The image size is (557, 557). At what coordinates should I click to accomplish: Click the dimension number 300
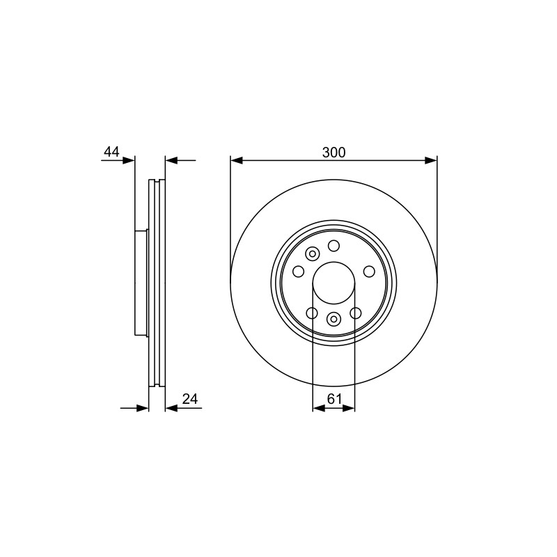point(334,152)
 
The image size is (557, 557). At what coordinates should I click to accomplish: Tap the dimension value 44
point(111,152)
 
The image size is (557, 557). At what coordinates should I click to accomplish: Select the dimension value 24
point(189,399)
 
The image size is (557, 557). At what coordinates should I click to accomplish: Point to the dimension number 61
point(334,399)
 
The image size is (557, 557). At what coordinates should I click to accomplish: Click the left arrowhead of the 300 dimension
point(237,161)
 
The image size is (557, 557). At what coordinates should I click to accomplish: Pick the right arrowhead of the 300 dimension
point(431,161)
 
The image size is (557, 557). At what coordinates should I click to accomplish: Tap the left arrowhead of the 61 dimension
point(319,409)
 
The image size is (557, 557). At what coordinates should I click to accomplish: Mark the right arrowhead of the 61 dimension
point(349,409)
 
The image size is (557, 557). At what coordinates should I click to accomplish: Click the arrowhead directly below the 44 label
point(129,161)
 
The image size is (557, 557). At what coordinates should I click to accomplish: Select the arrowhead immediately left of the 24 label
point(171,409)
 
